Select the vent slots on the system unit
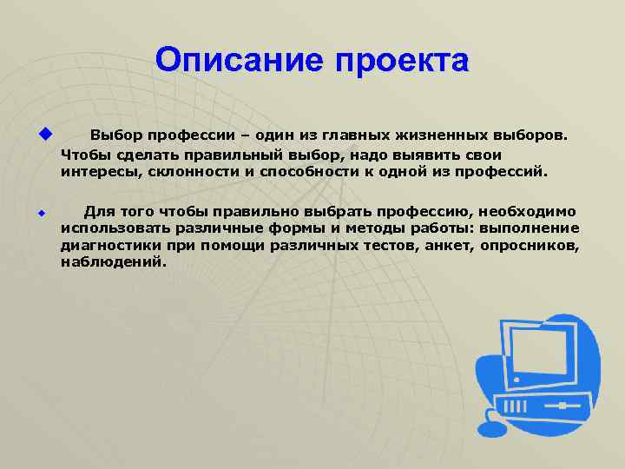[x=512, y=406]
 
